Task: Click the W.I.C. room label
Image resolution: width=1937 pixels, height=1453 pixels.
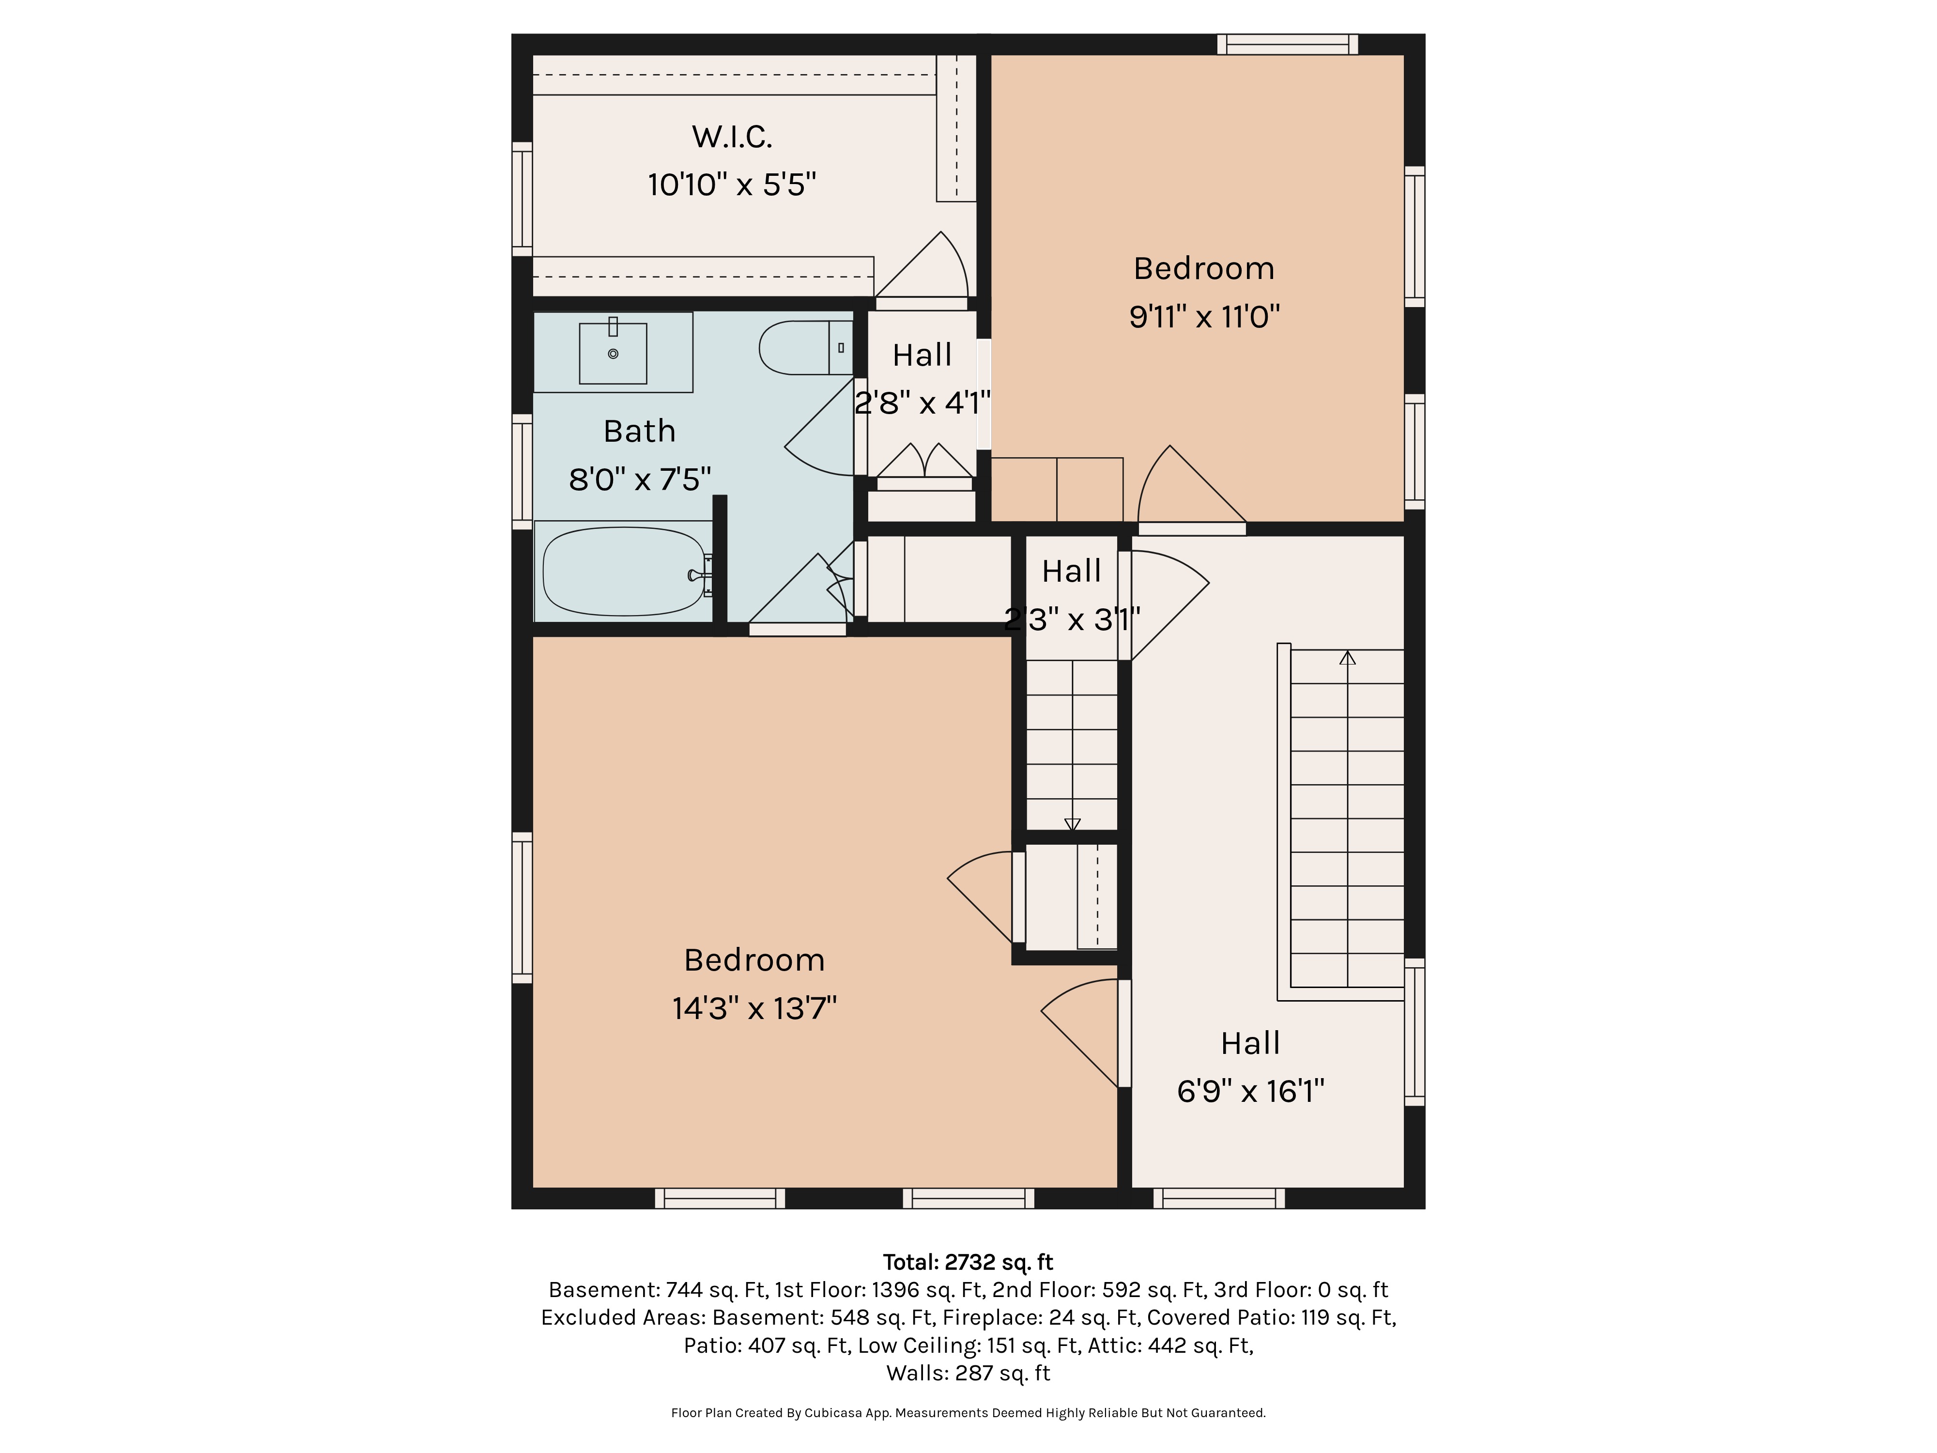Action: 732,137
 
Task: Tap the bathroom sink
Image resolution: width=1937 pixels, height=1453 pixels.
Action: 613,352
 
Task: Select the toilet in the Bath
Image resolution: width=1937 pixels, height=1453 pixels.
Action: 806,348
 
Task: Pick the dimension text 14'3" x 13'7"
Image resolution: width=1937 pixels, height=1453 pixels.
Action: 754,1008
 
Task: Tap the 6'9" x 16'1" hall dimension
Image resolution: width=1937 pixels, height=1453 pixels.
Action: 1250,1091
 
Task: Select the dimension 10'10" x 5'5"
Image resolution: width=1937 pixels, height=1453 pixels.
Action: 732,185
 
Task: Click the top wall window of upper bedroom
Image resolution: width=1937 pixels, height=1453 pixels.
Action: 1287,44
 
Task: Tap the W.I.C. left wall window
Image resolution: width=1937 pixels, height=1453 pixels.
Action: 522,199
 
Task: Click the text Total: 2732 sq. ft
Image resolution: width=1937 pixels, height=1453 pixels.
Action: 968,1262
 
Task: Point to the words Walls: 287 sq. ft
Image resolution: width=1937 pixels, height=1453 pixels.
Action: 968,1373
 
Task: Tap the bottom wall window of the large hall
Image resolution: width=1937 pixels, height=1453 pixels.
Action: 1219,1198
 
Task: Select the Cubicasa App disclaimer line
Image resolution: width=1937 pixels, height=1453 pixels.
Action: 968,1413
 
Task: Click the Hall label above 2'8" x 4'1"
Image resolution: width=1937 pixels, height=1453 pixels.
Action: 922,355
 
